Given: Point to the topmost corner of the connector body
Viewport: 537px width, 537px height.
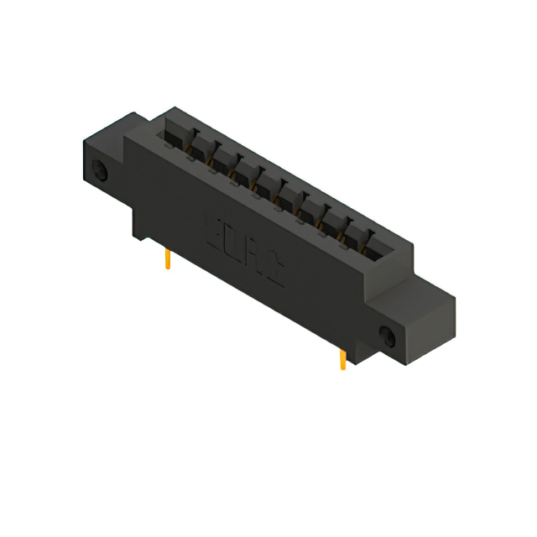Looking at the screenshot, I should (x=174, y=107).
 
